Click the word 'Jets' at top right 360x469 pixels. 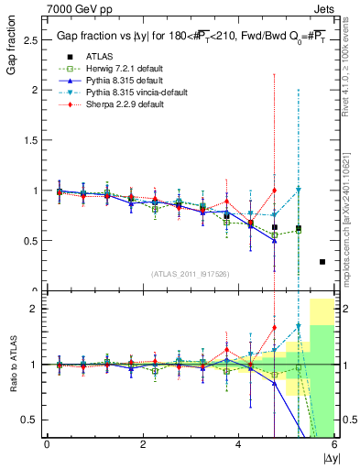click(322, 9)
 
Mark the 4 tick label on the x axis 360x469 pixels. click(238, 445)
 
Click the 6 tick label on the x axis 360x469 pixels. click(334, 445)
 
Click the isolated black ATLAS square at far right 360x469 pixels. click(322, 262)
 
